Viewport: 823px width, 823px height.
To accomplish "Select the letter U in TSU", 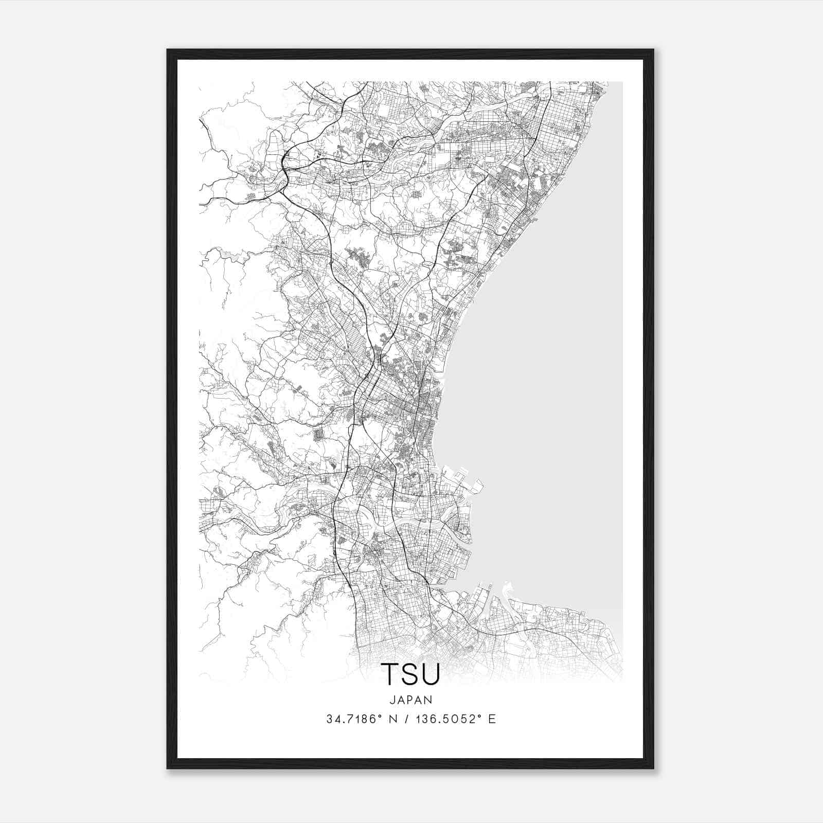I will point(431,674).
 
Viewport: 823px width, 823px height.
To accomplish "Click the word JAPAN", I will point(410,700).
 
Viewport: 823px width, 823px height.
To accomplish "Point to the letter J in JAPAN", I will point(392,700).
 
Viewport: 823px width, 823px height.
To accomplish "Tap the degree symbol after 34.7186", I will point(377,716).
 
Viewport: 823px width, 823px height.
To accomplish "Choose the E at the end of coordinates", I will point(492,719).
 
